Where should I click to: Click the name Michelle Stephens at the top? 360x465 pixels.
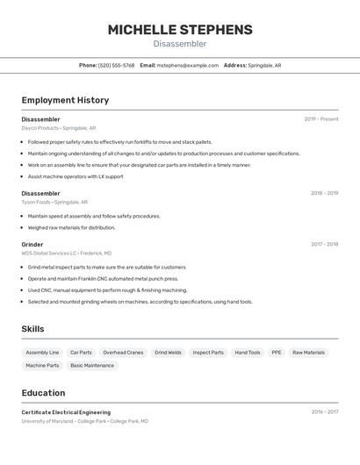180,30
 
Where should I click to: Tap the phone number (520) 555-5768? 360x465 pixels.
116,65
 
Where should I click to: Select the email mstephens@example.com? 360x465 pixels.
187,65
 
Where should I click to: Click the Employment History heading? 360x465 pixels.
65,100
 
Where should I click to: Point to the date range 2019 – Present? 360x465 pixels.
320,119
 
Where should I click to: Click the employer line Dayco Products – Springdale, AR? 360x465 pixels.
59,128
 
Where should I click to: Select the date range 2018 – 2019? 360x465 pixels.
324,193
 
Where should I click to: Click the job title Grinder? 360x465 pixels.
32,244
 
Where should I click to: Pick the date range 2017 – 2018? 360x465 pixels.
324,244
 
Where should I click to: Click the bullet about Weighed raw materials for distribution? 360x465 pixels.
71,227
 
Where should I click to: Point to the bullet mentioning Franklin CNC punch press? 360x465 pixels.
103,278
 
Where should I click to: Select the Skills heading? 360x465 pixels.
33,329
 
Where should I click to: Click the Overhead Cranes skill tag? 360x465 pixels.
123,353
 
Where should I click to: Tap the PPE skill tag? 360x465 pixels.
276,353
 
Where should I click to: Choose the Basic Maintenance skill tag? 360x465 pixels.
92,365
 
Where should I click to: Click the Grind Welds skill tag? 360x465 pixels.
168,353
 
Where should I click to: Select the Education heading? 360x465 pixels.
43,393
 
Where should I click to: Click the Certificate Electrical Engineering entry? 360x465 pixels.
66,412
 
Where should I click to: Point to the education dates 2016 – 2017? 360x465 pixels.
324,411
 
